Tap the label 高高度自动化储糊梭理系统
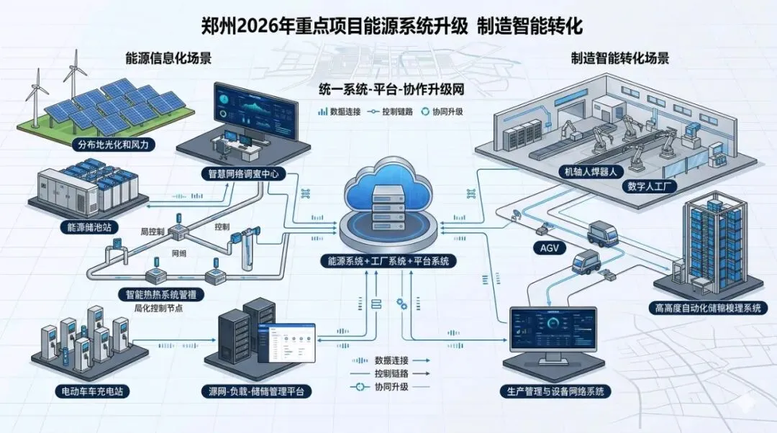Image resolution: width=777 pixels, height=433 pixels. (x=708, y=308)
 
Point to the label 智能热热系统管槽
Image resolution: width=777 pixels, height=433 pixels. (x=162, y=294)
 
